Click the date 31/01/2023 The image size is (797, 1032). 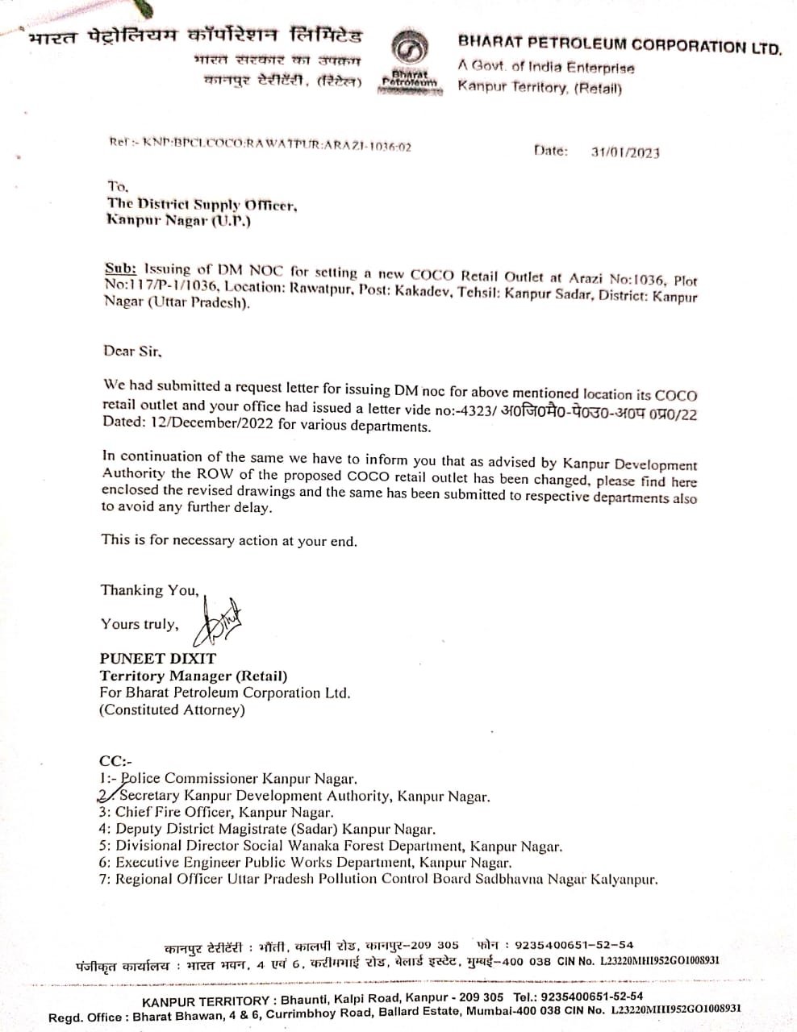click(624, 152)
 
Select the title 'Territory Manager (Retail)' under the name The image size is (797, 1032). click(194, 676)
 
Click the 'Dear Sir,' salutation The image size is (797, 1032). click(132, 351)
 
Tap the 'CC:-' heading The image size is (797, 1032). click(115, 760)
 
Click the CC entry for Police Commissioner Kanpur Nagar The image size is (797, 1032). click(238, 778)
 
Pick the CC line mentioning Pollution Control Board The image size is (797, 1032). click(378, 879)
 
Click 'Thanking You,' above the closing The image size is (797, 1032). click(149, 590)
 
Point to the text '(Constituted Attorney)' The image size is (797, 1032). click(172, 709)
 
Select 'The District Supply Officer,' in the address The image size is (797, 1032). click(202, 204)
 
